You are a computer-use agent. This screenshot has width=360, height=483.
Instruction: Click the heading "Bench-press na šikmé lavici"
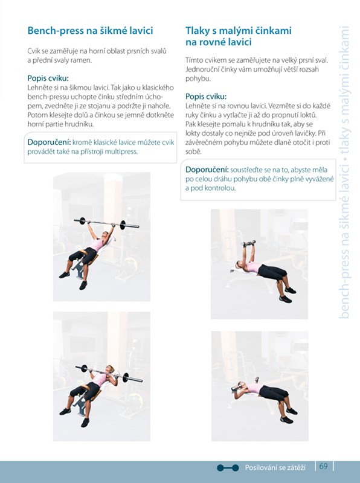point(91,31)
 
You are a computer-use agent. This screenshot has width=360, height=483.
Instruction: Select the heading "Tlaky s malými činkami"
point(239,31)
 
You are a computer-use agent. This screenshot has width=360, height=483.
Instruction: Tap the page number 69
point(323,466)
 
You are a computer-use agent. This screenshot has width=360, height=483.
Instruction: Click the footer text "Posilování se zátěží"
point(275,467)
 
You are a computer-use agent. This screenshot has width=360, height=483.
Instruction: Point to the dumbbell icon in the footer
point(228,468)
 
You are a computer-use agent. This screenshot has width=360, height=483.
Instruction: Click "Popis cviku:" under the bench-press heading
point(48,78)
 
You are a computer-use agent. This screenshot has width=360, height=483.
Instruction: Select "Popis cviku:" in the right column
point(206,97)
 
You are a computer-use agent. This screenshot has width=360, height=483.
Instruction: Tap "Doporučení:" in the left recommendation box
point(50,142)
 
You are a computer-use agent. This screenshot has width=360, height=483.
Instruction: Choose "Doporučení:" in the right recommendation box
point(207,170)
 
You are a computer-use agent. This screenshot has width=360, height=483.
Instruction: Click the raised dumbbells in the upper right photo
point(249,243)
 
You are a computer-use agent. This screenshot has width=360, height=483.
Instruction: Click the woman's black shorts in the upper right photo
point(272,272)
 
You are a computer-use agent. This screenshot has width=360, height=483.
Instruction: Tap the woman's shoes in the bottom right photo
point(289,415)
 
